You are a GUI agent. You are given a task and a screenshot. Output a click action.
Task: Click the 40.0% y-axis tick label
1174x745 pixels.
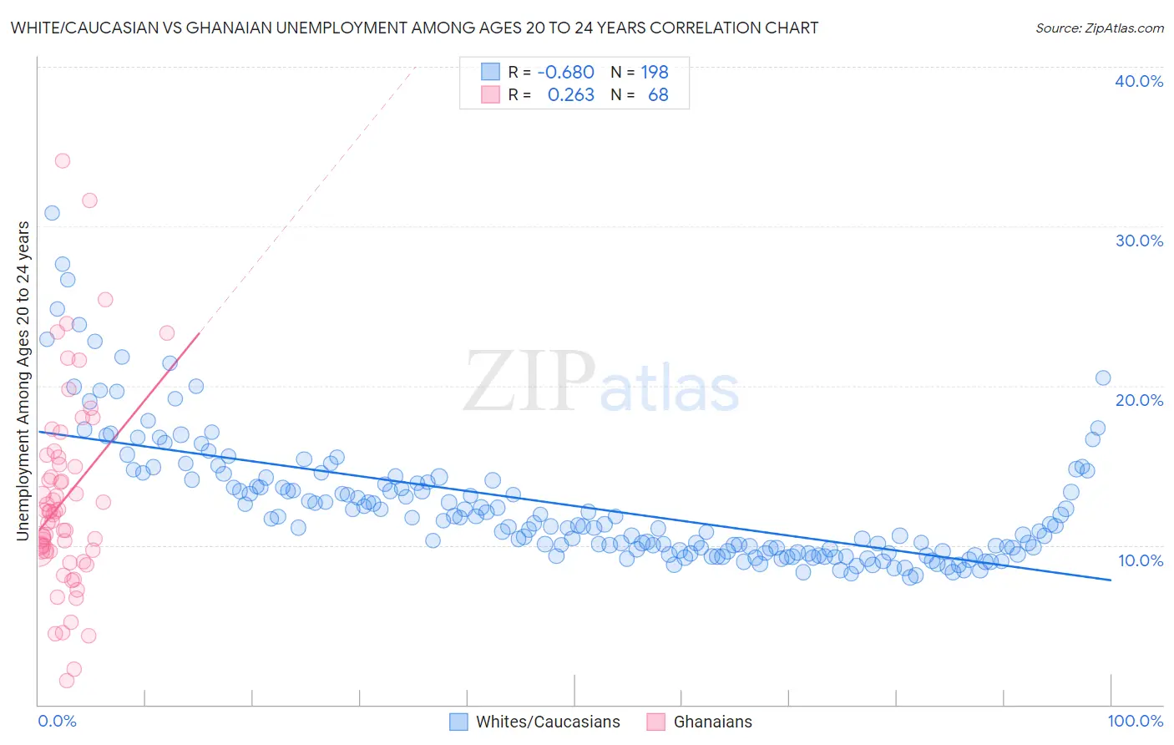(x=1139, y=81)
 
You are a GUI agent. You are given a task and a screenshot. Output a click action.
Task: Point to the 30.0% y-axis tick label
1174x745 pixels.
(x=1139, y=241)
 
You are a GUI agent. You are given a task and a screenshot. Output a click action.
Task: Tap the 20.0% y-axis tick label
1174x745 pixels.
(x=1139, y=400)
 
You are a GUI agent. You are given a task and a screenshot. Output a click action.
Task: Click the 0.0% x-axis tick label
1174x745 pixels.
(x=57, y=721)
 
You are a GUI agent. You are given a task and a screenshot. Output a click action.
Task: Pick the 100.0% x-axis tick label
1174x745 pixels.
(x=1135, y=721)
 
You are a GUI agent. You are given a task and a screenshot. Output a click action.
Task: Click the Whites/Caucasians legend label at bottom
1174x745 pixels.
(x=548, y=722)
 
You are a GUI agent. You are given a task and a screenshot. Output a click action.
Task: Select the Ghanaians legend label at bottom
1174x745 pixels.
(x=712, y=722)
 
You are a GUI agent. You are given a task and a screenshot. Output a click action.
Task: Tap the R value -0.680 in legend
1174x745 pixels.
(x=565, y=73)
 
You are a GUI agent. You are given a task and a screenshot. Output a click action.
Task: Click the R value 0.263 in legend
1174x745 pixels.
(x=570, y=95)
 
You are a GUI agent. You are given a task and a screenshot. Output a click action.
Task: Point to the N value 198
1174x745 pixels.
(x=655, y=73)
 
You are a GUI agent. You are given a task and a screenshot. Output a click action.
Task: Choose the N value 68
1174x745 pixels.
(x=658, y=95)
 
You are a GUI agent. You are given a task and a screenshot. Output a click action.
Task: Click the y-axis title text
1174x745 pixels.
(x=23, y=381)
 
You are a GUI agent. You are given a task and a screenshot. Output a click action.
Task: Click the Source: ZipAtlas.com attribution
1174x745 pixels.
(x=1099, y=28)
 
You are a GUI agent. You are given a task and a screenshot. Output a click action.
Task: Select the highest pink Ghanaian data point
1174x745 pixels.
(x=62, y=160)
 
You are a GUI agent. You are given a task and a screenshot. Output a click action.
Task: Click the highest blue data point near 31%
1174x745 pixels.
(x=52, y=213)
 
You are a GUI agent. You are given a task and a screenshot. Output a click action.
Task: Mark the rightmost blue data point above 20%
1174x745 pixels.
(x=1102, y=378)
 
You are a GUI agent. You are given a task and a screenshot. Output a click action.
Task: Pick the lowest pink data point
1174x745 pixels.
(x=67, y=681)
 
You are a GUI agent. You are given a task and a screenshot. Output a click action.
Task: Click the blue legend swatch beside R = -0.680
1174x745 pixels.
(x=490, y=72)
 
